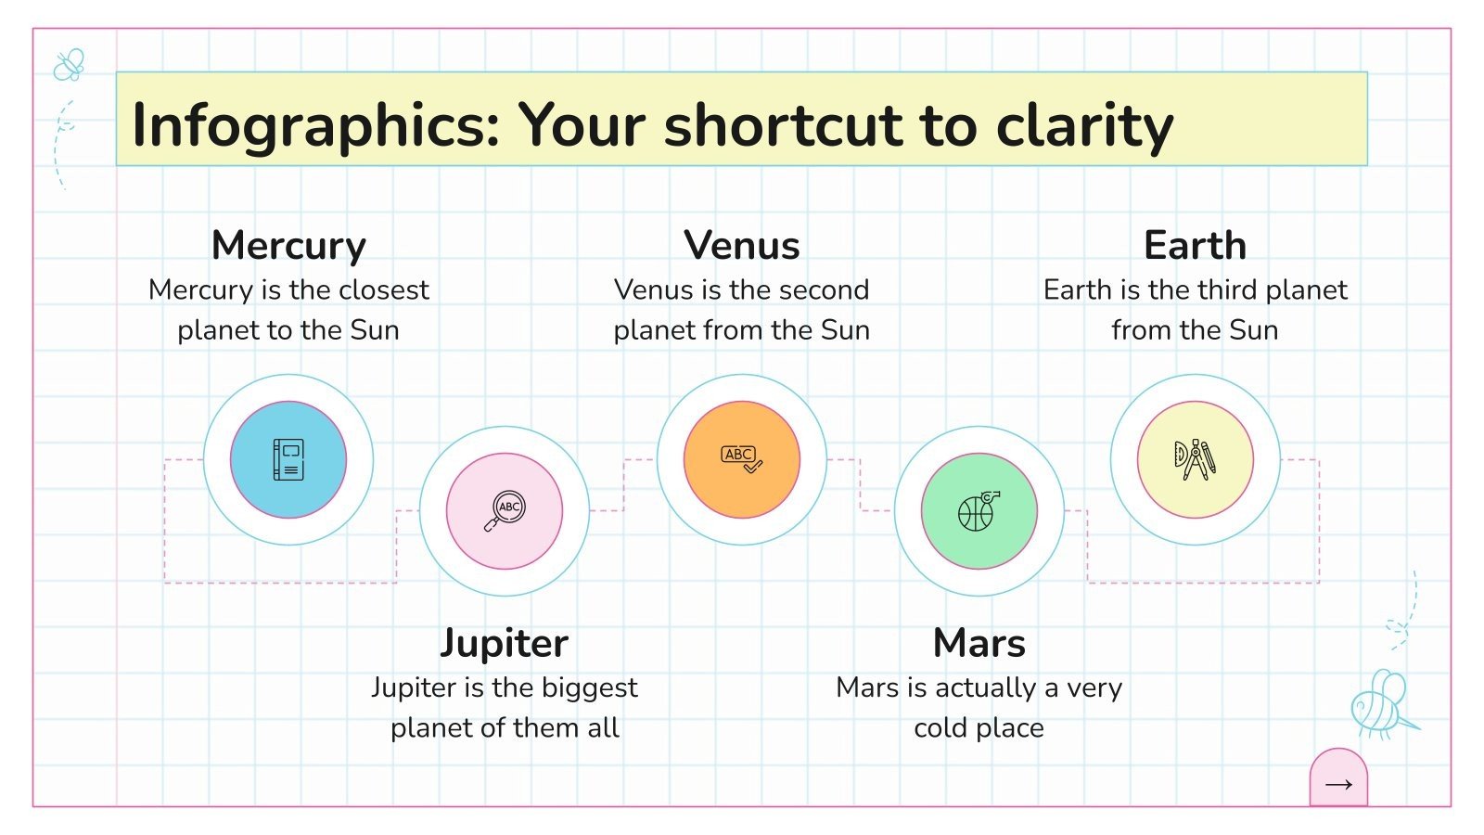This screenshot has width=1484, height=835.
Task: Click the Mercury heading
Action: coord(288,246)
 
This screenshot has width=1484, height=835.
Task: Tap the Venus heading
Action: coord(741,246)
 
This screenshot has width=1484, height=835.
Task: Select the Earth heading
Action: coord(1195,246)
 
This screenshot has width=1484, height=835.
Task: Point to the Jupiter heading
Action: coord(504,643)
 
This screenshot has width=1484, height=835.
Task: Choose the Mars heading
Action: coord(979,643)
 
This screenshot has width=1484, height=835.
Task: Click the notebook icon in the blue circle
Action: coord(288,459)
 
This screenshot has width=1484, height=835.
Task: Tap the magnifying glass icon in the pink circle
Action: coord(505,510)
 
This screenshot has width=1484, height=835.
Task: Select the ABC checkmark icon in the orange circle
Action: coord(741,458)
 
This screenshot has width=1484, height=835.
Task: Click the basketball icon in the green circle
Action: coord(979,510)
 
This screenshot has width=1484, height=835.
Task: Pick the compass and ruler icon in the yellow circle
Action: coord(1195,459)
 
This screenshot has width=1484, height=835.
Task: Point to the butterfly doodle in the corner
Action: coord(69,65)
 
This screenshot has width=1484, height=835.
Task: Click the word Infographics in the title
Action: coord(316,125)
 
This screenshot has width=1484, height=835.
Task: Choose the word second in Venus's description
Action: coord(822,290)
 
